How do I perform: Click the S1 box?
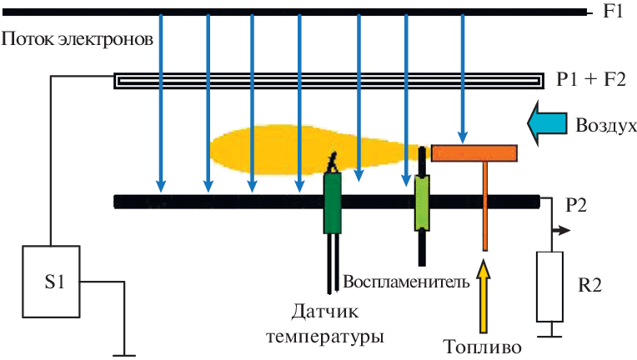51,281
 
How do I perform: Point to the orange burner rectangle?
474,152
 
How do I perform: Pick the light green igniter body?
423,202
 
